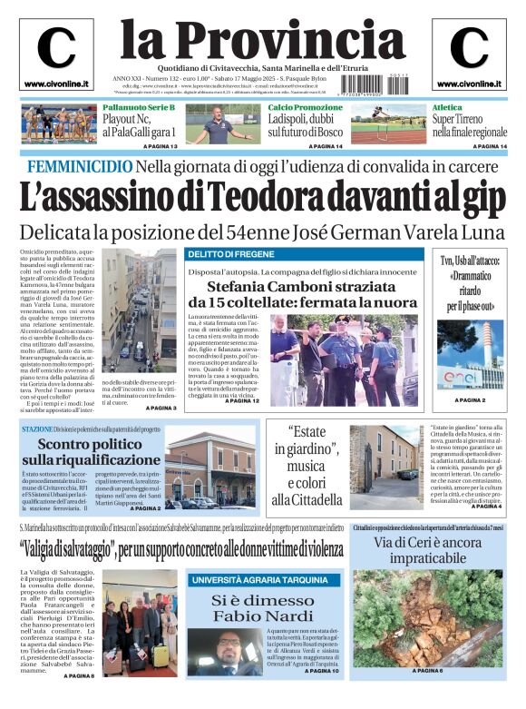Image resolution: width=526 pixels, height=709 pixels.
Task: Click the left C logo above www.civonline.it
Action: click(56, 48)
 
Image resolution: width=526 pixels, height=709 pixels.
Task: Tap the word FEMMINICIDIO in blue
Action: click(80, 166)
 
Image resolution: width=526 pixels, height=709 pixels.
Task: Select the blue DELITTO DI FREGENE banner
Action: click(228, 255)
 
